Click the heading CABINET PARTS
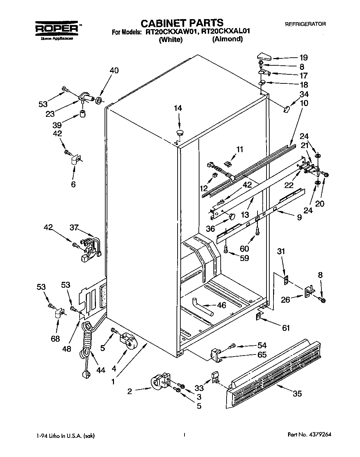pos(182,23)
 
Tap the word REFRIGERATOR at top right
pos(305,24)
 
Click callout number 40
pos(114,71)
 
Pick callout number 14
pos(178,108)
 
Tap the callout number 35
pos(297,393)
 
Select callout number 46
pos(221,305)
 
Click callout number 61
pos(286,327)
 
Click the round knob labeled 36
pos(232,217)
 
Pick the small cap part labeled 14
pos(180,132)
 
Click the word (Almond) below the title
pos(227,39)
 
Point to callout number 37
pos(74,228)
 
